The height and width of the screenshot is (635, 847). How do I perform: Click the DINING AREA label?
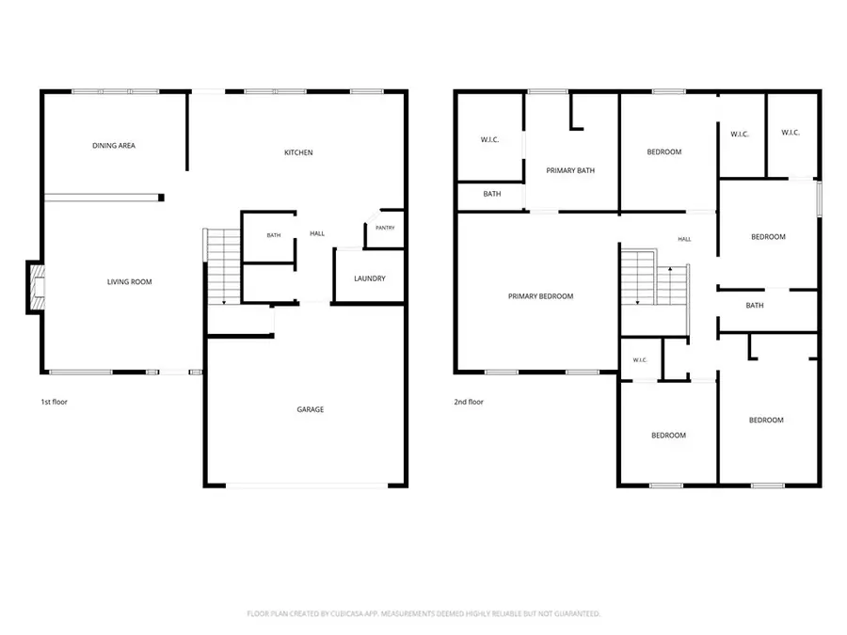click(114, 145)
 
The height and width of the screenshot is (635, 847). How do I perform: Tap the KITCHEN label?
click(298, 152)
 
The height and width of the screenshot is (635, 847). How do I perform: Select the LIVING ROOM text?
click(129, 281)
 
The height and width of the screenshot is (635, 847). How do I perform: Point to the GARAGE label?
click(310, 409)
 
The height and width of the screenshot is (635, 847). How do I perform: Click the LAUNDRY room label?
click(370, 278)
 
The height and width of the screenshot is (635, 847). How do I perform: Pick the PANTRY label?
click(385, 228)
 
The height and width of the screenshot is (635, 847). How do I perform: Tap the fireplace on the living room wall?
click(36, 287)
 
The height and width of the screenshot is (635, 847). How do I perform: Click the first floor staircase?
click(222, 267)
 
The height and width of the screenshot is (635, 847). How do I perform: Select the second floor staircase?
click(655, 284)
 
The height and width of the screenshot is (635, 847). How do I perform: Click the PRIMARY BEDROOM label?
click(540, 296)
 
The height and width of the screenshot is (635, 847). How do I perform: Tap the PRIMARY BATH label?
click(570, 170)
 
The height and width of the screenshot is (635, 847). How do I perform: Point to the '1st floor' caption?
click(54, 402)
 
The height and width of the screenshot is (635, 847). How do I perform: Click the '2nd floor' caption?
click(469, 402)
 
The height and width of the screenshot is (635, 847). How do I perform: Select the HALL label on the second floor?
click(684, 239)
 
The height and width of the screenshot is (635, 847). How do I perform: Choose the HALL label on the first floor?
click(317, 233)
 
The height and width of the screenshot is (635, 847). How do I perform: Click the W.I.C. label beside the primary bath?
click(489, 139)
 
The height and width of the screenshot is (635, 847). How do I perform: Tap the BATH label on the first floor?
click(273, 235)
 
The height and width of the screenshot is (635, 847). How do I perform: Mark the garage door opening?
click(306, 486)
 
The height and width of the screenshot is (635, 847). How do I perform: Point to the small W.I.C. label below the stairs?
click(640, 359)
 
